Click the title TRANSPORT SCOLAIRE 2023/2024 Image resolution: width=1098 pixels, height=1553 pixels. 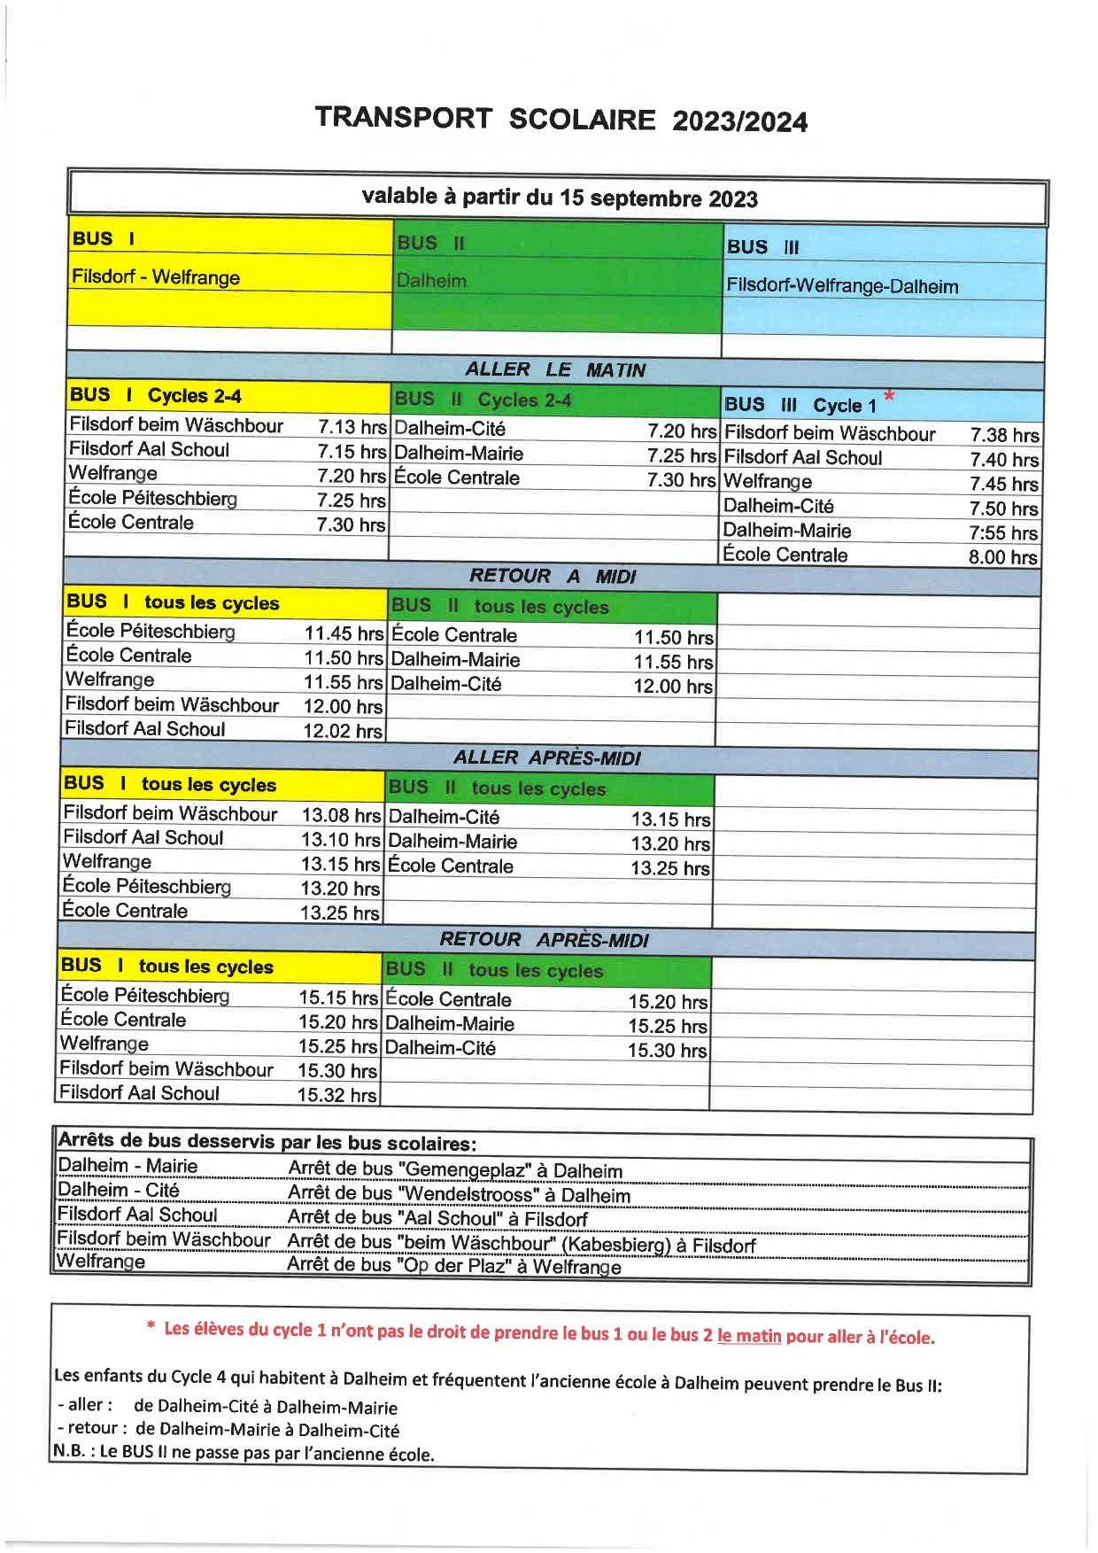click(x=561, y=120)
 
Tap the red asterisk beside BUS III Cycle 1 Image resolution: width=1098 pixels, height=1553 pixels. click(x=889, y=396)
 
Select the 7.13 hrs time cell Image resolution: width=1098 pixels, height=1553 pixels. click(x=352, y=427)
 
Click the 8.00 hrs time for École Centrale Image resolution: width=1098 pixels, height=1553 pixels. click(x=1002, y=557)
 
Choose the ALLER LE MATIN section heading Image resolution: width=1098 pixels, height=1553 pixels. click(x=555, y=369)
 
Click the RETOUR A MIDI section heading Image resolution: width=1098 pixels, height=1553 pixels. click(x=553, y=576)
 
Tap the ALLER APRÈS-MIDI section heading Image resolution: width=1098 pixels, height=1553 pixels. click(x=546, y=757)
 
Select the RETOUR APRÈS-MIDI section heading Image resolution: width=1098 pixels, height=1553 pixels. click(x=544, y=939)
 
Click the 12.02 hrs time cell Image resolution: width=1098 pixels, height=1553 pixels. click(x=343, y=731)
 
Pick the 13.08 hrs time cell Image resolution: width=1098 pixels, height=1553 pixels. click(x=340, y=815)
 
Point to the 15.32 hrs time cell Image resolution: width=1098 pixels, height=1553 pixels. click(x=336, y=1095)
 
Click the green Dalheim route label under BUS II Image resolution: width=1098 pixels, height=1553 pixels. click(x=431, y=281)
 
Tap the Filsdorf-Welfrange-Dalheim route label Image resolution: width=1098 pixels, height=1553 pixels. click(x=841, y=286)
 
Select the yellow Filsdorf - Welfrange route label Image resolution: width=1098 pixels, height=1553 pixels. click(x=156, y=277)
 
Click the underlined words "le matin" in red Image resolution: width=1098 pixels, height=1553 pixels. click(x=749, y=1336)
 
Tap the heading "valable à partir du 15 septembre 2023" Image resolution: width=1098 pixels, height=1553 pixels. click(x=560, y=198)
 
